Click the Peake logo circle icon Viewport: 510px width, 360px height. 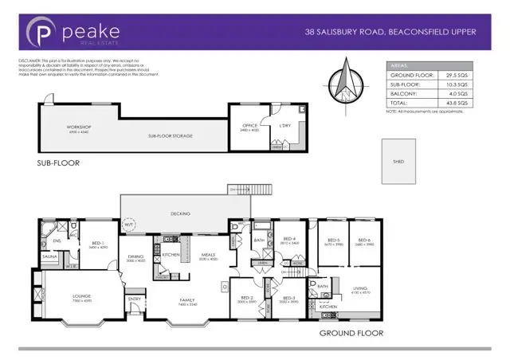[x=40, y=32]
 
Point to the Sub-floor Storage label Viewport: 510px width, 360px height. [x=171, y=135]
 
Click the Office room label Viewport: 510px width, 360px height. [x=250, y=126]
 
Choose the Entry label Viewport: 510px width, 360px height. [x=135, y=299]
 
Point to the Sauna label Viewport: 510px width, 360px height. [x=50, y=257]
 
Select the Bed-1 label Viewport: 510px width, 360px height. [x=97, y=245]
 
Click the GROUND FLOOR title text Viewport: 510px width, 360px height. [x=351, y=333]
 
